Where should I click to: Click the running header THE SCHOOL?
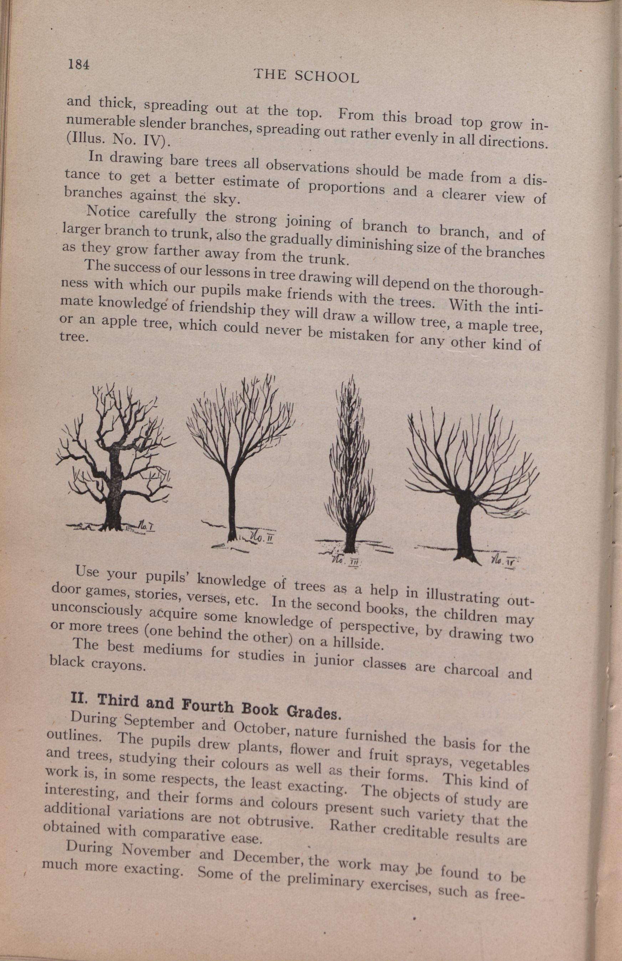(306, 76)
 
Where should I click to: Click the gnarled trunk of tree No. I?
(114, 497)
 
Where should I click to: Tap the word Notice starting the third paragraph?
(108, 212)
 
